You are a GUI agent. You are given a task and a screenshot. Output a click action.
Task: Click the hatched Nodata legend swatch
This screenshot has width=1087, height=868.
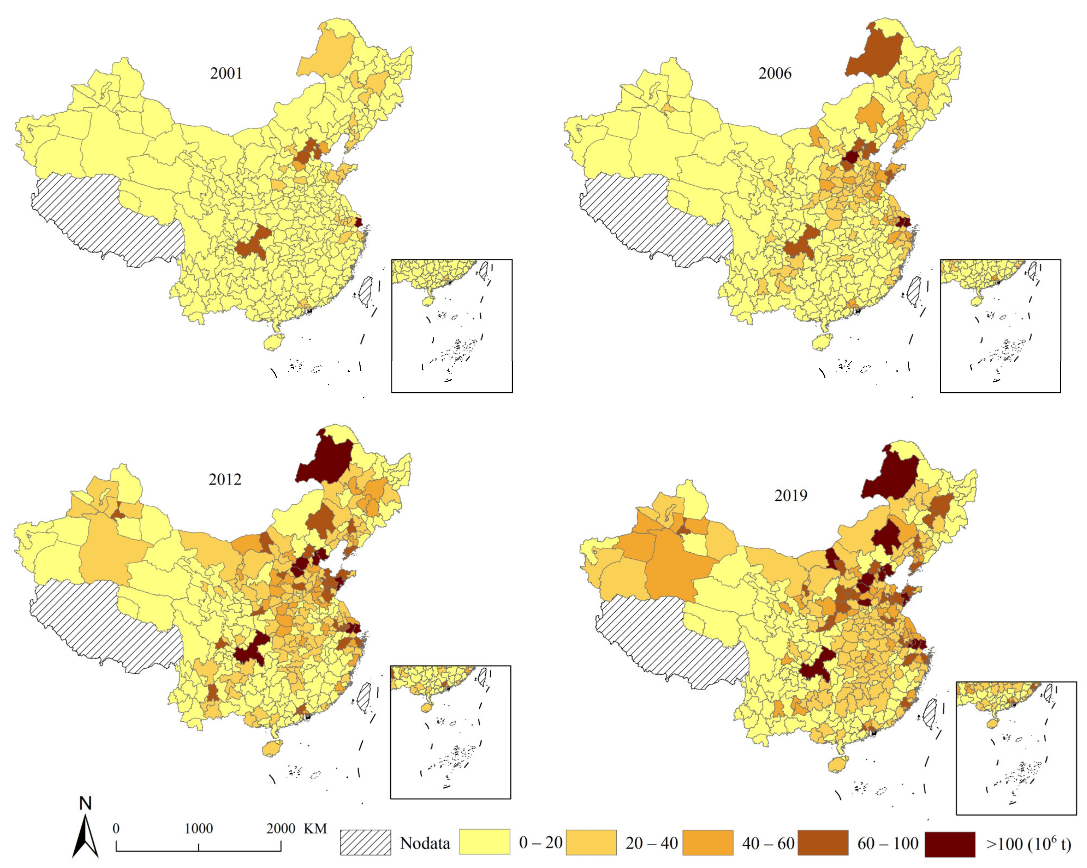[365, 842]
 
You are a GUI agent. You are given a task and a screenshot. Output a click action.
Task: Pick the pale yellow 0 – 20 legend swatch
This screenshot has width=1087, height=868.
[484, 842]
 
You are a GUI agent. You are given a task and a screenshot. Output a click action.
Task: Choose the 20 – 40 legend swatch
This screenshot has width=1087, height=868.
[591, 842]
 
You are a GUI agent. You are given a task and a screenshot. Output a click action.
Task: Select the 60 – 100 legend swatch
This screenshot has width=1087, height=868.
[823, 842]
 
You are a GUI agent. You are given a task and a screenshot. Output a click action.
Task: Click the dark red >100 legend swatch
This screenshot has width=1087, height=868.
[950, 842]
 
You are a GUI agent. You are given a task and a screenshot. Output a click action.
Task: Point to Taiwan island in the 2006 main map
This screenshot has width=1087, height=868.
[914, 292]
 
